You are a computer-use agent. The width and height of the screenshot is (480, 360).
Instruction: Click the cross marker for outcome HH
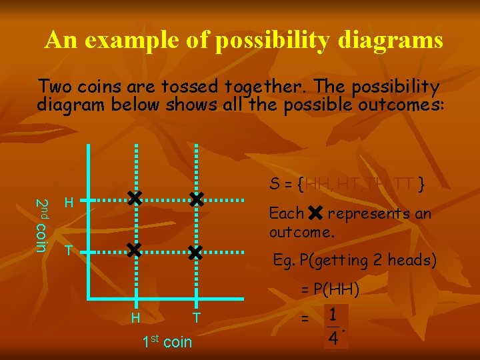tap(135, 199)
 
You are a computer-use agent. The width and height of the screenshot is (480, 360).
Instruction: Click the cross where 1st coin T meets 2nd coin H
tap(195, 199)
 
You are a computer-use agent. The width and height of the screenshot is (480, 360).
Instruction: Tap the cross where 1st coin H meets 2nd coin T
tap(135, 251)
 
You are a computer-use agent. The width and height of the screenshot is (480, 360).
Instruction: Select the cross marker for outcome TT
tap(195, 252)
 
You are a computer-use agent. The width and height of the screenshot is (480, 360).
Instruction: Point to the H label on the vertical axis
tap(69, 203)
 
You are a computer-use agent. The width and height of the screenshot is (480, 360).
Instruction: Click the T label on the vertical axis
tap(67, 251)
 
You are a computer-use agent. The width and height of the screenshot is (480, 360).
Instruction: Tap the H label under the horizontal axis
tap(135, 318)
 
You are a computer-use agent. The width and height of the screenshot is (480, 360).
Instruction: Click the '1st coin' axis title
tap(167, 342)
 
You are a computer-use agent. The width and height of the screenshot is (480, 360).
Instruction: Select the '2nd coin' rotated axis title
tap(41, 225)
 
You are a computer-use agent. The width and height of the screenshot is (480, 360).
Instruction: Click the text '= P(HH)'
tap(329, 289)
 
